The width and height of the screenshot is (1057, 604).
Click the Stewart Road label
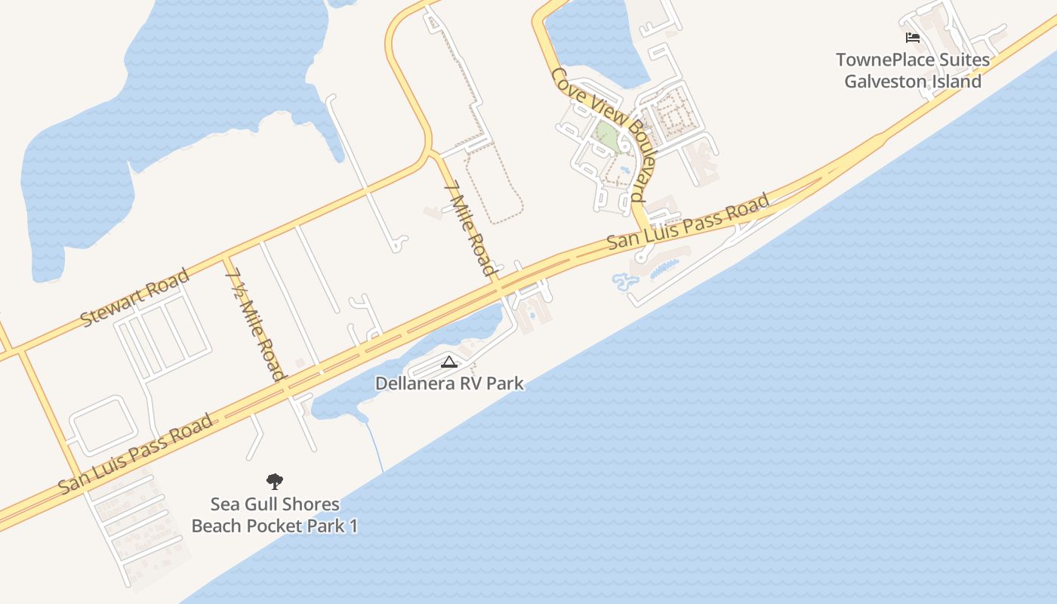pos(134,297)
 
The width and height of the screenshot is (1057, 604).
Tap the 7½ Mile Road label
pos(256,324)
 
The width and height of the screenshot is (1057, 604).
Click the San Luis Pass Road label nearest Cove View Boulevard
pos(689,221)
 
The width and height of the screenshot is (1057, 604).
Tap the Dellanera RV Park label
pos(449,384)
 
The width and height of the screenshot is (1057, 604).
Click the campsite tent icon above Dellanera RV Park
pos(449,362)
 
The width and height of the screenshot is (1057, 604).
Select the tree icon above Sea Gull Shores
pos(275,481)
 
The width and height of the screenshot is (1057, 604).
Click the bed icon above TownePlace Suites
pos(913,38)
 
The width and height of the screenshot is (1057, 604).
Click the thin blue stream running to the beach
pos(375,445)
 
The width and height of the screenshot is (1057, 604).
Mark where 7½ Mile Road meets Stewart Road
pos(226,258)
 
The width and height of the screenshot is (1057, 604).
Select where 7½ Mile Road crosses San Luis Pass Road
pos(288,386)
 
